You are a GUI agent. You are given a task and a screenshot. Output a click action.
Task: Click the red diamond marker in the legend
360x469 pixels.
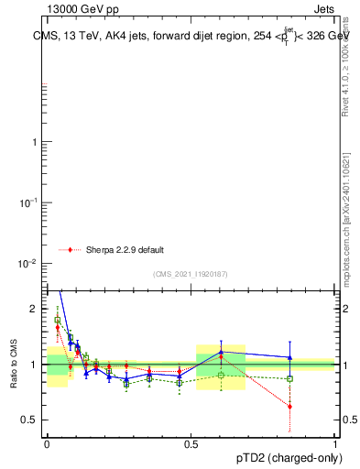(70, 249)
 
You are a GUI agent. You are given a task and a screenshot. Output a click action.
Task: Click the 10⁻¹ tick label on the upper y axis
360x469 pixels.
(31, 202)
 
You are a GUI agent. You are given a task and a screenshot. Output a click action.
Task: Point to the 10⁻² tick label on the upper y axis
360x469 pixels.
(31, 264)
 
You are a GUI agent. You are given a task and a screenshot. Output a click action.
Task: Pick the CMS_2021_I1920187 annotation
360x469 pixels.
(190, 273)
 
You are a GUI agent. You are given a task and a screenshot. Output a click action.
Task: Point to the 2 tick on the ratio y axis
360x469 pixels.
(36, 310)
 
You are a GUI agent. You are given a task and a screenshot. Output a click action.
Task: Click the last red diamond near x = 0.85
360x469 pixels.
(289, 406)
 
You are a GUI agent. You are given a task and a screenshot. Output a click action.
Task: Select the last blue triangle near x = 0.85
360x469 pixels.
(289, 357)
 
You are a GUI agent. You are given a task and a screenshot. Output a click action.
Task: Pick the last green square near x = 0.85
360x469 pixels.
(289, 378)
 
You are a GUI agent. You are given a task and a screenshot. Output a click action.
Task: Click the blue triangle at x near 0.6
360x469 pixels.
(221, 352)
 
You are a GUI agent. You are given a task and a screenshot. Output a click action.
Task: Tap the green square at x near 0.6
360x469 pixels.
(221, 375)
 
